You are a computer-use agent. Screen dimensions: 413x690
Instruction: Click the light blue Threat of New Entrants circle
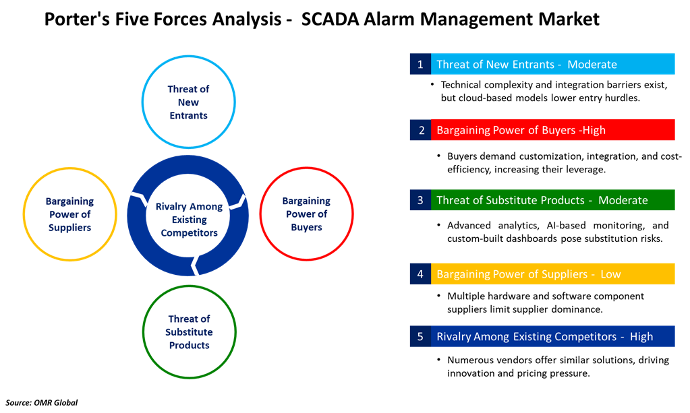[188, 102]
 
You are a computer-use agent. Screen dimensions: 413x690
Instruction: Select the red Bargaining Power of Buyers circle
[306, 214]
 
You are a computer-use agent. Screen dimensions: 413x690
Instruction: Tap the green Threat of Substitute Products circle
[189, 331]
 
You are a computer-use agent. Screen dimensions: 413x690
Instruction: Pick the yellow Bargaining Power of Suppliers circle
[69, 214]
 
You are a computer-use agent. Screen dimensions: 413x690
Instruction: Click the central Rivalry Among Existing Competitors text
[188, 220]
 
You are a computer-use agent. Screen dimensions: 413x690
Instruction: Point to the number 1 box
[420, 65]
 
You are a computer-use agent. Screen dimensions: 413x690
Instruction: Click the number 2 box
[420, 130]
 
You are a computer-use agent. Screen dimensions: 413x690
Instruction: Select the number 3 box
[420, 200]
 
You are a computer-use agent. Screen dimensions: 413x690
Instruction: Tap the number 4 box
[420, 274]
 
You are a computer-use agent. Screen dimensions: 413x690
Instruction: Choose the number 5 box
[420, 336]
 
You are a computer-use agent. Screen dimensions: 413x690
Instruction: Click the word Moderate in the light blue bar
[592, 65]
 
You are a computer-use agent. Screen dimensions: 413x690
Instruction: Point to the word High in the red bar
[594, 130]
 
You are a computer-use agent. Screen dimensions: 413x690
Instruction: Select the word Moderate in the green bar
[623, 200]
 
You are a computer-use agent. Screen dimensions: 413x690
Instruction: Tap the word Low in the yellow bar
[610, 274]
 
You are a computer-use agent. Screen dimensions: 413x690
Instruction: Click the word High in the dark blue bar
[641, 336]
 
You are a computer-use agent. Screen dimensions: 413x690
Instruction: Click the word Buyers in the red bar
[558, 130]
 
